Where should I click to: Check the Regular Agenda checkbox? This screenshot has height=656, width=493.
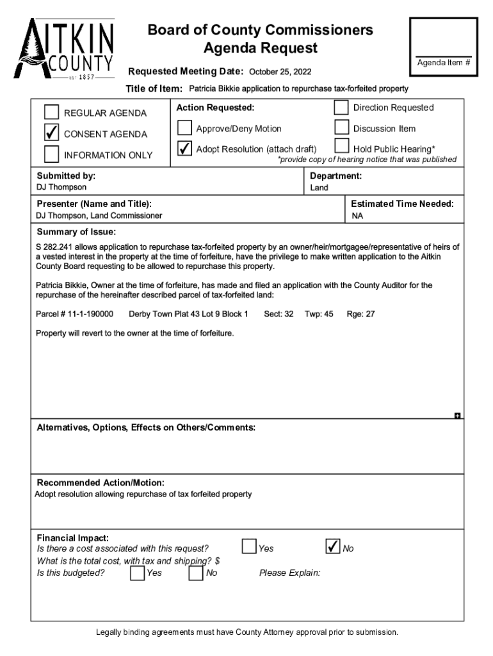tap(52, 113)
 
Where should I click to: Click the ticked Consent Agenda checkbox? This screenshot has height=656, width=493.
tap(52, 133)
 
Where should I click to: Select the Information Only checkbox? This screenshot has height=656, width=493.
tap(52, 154)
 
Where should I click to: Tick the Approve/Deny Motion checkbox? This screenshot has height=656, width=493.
tap(184, 128)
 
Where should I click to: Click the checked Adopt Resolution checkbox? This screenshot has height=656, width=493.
tap(184, 149)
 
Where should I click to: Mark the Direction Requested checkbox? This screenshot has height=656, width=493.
tap(341, 107)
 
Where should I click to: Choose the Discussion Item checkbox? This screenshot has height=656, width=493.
tap(341, 127)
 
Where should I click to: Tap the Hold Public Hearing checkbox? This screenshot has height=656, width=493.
tap(341, 147)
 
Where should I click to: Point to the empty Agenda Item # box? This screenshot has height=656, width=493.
tap(444, 37)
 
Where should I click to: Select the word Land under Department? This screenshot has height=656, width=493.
tap(319, 188)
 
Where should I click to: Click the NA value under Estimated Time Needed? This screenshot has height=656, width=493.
tap(357, 216)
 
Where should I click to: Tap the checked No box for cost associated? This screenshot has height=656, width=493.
tap(333, 546)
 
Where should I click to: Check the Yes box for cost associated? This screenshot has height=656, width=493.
tap(248, 546)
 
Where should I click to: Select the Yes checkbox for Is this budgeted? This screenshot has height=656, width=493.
tap(137, 573)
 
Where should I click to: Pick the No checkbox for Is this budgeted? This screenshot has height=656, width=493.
tap(196, 573)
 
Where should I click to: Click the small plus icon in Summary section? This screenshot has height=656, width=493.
tap(457, 416)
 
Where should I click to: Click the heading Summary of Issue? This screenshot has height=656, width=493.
tap(76, 232)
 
